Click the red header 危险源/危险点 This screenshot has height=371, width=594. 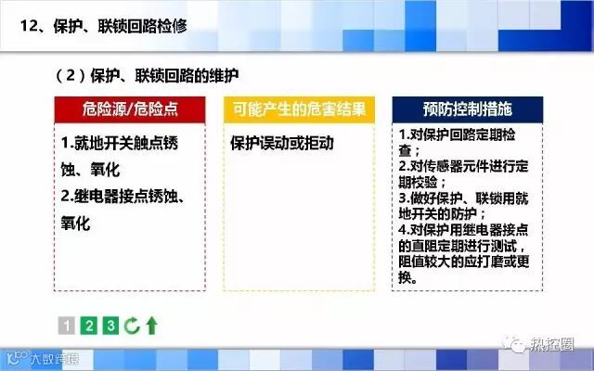[x=130, y=109]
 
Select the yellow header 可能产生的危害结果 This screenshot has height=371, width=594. [x=299, y=109]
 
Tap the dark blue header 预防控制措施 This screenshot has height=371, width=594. [x=468, y=109]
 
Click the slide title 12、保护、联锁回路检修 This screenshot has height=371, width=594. [x=104, y=26]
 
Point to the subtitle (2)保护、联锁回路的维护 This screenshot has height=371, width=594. [x=147, y=76]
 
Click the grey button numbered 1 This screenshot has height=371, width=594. [x=67, y=326]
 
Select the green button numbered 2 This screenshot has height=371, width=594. [x=89, y=326]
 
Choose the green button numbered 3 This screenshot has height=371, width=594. [x=110, y=326]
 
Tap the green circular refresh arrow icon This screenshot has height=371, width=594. [x=132, y=326]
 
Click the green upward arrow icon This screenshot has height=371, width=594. [x=152, y=326]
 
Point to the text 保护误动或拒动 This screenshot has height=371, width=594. [x=282, y=144]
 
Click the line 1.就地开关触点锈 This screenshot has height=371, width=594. [x=120, y=143]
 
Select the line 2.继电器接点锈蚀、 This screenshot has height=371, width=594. [x=123, y=197]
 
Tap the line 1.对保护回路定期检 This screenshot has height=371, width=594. [x=457, y=134]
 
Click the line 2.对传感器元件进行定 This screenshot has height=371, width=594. [x=463, y=166]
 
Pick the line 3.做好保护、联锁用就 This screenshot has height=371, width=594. [x=463, y=198]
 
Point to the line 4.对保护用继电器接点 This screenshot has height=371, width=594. [x=463, y=230]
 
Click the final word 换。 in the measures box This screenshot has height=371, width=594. [x=408, y=278]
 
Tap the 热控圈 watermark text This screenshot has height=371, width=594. [x=551, y=344]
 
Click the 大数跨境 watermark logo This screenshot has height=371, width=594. [x=44, y=358]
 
